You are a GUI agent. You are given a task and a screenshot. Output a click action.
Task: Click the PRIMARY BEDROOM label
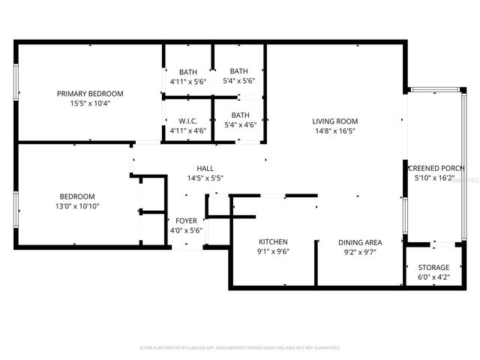point(90,94)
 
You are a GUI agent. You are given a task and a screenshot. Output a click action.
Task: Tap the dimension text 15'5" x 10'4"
point(90,103)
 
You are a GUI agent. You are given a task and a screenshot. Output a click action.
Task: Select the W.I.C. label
point(187,121)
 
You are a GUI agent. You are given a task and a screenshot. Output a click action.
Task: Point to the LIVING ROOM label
point(334,121)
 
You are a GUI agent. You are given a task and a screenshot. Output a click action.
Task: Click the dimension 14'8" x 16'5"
point(334,130)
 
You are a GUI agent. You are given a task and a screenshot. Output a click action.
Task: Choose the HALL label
point(205,169)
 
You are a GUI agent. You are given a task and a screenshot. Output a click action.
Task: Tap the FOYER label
point(187,220)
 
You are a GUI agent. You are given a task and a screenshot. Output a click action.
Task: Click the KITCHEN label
point(273,242)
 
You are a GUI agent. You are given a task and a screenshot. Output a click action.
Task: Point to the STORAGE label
point(433,267)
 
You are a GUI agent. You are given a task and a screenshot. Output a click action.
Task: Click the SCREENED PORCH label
point(436,169)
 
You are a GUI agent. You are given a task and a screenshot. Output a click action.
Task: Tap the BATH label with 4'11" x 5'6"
point(187,72)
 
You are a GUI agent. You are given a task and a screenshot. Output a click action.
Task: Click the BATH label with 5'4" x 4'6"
point(240,115)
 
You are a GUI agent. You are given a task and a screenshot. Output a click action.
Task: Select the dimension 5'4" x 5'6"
point(240,81)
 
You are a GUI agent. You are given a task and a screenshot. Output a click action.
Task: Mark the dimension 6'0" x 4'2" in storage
point(433,277)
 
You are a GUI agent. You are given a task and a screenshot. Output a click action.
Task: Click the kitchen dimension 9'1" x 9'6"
point(273,252)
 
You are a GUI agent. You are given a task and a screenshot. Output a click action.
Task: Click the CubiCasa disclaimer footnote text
point(240,348)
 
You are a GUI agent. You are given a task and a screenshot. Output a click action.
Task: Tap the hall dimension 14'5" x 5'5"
point(205,178)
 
